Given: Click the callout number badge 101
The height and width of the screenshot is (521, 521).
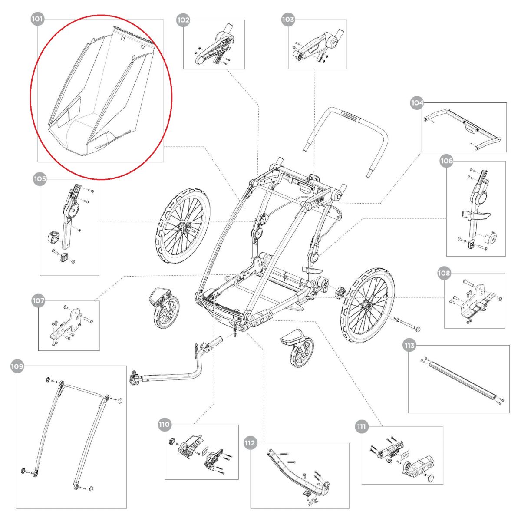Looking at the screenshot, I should click(37, 19).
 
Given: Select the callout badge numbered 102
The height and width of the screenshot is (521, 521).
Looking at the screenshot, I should click(183, 20).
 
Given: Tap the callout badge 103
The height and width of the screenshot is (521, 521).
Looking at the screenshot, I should click(288, 20).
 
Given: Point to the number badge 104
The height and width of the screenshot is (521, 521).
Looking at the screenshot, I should click(417, 103).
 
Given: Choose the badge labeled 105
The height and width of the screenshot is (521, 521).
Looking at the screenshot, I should click(40, 178).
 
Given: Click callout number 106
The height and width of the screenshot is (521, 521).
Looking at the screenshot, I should click(446, 161).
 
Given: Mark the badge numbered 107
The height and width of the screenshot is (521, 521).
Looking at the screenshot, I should click(38, 300).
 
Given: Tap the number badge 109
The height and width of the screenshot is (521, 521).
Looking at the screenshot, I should click(17, 366).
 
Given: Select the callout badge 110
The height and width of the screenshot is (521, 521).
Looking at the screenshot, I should click(165, 425).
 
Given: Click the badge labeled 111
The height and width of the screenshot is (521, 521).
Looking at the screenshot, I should click(361, 426).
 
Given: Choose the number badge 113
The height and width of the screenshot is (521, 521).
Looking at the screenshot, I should click(409, 346).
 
